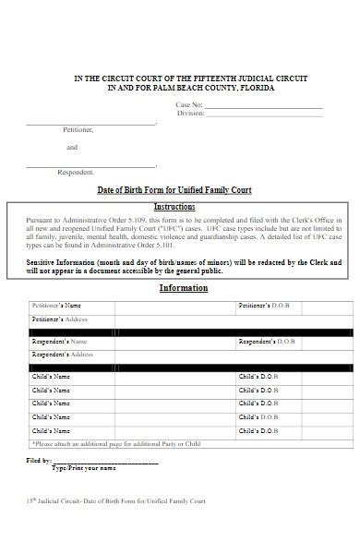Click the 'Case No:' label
pyautogui.click(x=189, y=107)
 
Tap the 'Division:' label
pyautogui.click(x=190, y=114)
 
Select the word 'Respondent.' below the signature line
pyautogui.click(x=76, y=173)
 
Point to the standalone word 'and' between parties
pyautogui.click(x=72, y=148)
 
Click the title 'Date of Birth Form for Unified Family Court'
pyautogui.click(x=174, y=190)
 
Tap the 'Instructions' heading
pyautogui.click(x=174, y=206)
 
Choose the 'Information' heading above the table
pyautogui.click(x=184, y=288)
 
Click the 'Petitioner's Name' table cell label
pyautogui.click(x=57, y=305)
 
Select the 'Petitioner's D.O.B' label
pyautogui.click(x=268, y=305)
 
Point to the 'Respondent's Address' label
pyautogui.click(x=64, y=355)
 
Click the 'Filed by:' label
pyautogui.click(x=39, y=460)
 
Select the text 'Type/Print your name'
pyautogui.click(x=83, y=468)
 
